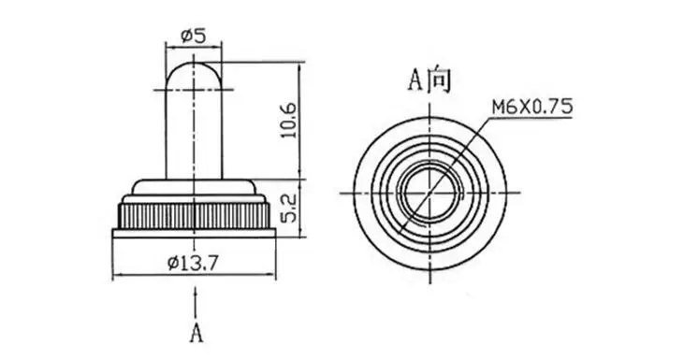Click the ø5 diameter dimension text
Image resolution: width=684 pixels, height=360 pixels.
[x=193, y=36]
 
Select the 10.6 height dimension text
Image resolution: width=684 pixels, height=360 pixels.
[x=288, y=121]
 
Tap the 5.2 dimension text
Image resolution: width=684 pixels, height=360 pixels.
[x=288, y=208]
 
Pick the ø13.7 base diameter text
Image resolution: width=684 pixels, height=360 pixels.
[x=194, y=263]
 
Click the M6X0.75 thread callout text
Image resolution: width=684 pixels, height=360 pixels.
[x=531, y=107]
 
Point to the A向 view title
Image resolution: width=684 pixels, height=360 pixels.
[x=429, y=80]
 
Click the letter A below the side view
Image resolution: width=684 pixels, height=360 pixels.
[x=196, y=333]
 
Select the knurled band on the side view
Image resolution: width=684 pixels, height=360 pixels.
[x=194, y=216]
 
